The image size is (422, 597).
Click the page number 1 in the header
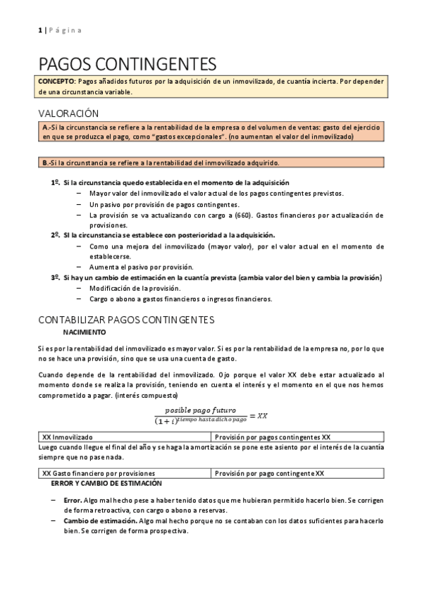[x=39, y=30]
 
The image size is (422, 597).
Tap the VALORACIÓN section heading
[x=68, y=113]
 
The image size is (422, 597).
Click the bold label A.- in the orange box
[x=47, y=127]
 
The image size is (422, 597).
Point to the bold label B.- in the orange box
[x=47, y=163]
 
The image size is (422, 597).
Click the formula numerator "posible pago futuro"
[x=200, y=410]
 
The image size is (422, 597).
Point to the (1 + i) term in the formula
[x=166, y=420]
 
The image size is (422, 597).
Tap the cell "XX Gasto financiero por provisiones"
[x=99, y=473]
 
